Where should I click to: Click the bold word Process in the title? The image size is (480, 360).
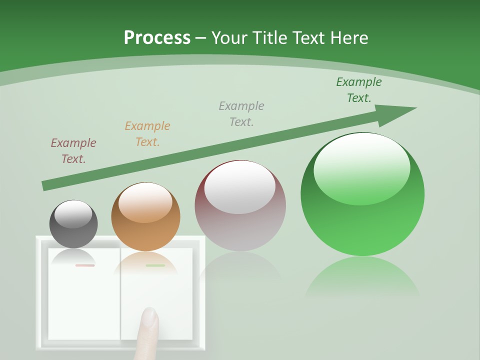tap(157, 38)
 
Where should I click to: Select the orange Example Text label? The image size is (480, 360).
tap(147, 134)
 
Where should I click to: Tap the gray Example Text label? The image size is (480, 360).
tap(241, 113)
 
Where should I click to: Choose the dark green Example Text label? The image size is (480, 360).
tap(359, 90)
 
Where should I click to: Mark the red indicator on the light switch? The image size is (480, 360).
tap(84, 265)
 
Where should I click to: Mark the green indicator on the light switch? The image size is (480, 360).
tap(155, 265)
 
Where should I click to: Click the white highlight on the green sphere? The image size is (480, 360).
tap(361, 167)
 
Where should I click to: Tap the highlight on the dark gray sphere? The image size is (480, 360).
tap(73, 214)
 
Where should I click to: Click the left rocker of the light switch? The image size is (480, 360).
tap(84, 300)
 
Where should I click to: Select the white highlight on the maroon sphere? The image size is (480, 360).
tap(240, 187)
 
